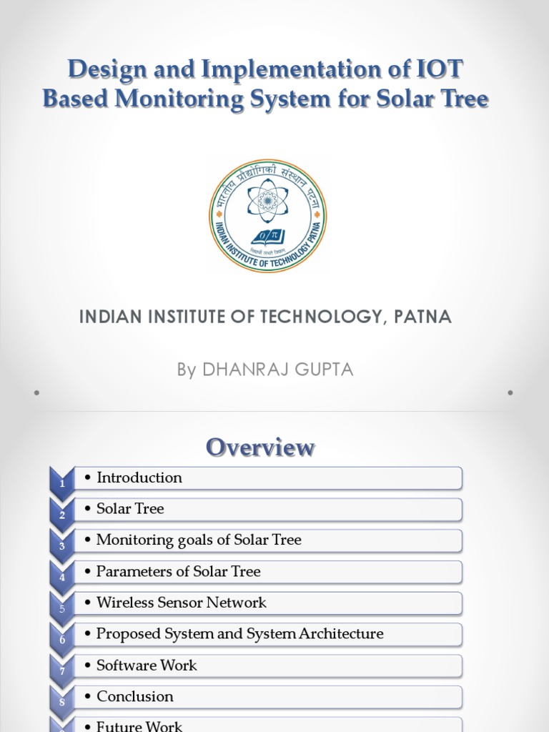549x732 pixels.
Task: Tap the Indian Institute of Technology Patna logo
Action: coord(267,216)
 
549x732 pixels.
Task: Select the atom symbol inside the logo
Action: coord(267,199)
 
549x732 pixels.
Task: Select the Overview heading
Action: coord(260,447)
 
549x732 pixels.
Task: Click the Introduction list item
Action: coord(139,478)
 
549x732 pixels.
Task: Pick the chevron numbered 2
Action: coord(62,513)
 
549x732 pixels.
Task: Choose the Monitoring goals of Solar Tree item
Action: coord(199,540)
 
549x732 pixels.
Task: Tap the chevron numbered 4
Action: coord(62,576)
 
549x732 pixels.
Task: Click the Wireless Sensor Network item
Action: coord(181,603)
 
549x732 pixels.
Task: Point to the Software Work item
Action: coord(147,666)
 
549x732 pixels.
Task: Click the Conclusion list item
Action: coord(135,696)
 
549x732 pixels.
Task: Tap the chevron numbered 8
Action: coord(62,701)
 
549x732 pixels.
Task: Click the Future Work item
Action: coord(139,726)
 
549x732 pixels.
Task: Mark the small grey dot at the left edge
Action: coord(36,392)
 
